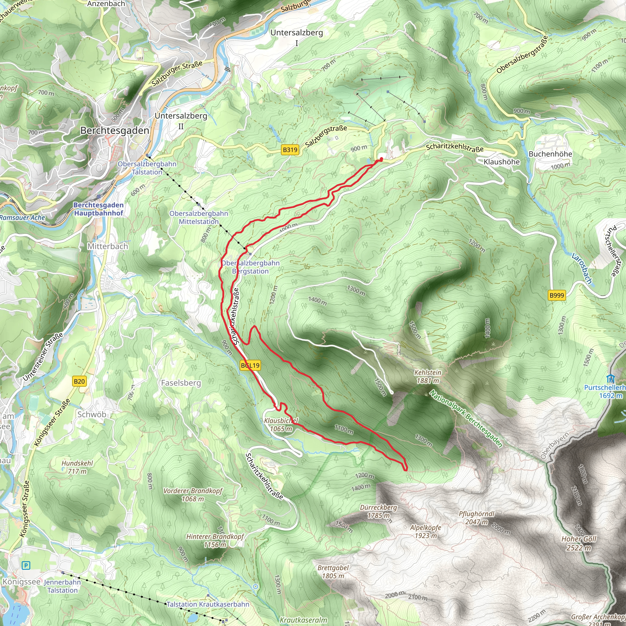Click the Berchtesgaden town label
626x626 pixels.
115,131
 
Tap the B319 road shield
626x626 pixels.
290,150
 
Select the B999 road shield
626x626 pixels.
557,295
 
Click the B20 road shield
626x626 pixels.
79,381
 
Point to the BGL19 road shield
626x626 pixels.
250,366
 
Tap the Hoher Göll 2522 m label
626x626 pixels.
579,543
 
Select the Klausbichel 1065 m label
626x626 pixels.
281,425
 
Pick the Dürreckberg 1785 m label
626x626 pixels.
378,511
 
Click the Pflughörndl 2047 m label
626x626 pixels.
476,518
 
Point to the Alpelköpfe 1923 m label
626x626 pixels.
425,531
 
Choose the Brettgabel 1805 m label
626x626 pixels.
333,572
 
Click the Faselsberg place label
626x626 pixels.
181,383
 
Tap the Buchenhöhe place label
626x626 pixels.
550,154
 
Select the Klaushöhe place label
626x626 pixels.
502,162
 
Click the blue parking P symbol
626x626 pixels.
26,566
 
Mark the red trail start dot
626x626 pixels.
381,159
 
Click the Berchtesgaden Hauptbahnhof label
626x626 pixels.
98,209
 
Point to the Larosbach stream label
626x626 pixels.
582,268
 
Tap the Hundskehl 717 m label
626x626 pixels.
77,467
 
